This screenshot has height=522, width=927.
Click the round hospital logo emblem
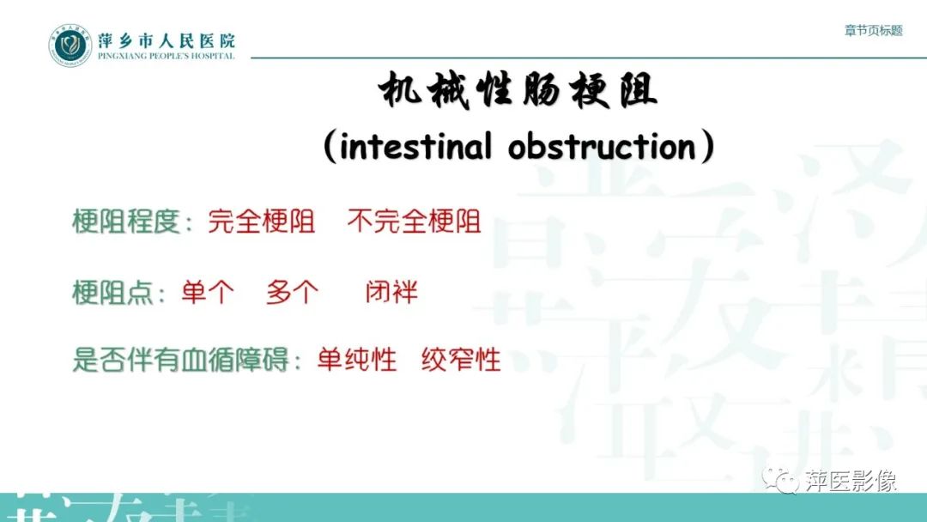tap(70, 46)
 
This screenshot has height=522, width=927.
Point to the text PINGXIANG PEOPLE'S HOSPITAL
tap(166, 57)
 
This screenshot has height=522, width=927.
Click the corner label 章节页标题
tap(874, 30)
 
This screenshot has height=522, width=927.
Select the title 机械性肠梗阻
tap(518, 92)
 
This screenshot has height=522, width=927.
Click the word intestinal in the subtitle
tap(416, 147)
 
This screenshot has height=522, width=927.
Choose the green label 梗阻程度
tap(126, 222)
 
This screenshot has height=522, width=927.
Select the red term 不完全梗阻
tap(414, 222)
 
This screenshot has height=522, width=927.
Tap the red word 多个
tap(292, 292)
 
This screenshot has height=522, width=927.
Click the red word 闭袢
tap(391, 292)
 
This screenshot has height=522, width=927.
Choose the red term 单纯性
tap(357, 360)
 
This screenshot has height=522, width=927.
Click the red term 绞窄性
tap(461, 360)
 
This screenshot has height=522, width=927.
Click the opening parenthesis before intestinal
tap(330, 148)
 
